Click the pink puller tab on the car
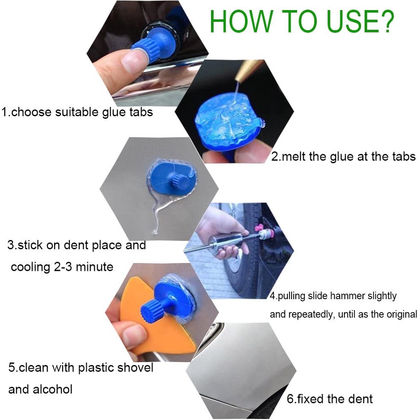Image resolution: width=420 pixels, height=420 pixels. [x=259, y=229]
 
